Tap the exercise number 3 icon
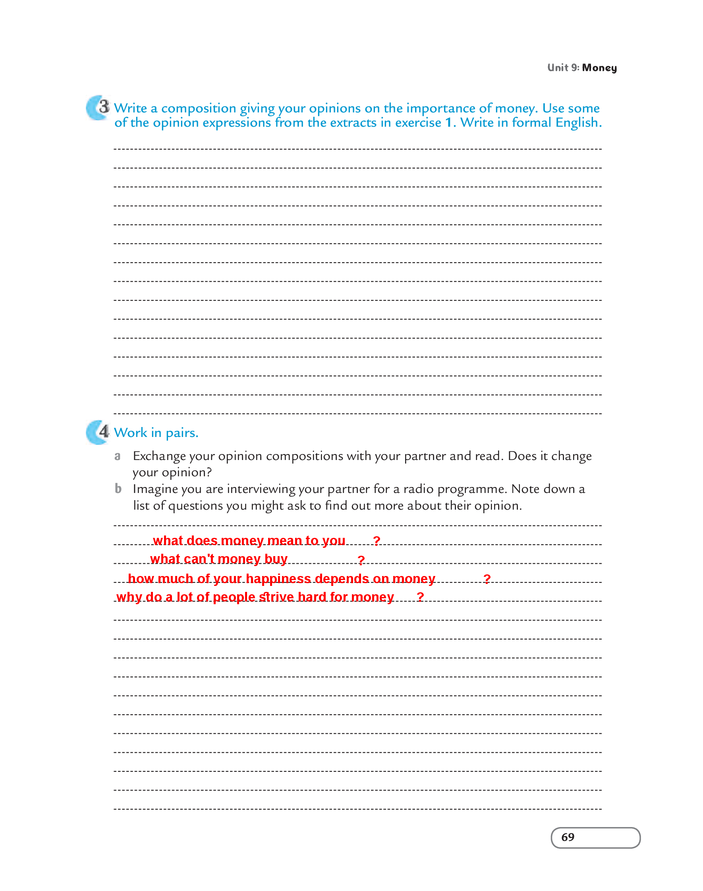tap(99, 107)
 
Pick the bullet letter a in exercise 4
tap(117, 456)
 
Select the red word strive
tap(276, 597)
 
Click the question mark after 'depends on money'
tap(487, 579)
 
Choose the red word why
tap(129, 597)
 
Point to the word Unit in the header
tap(558, 68)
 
